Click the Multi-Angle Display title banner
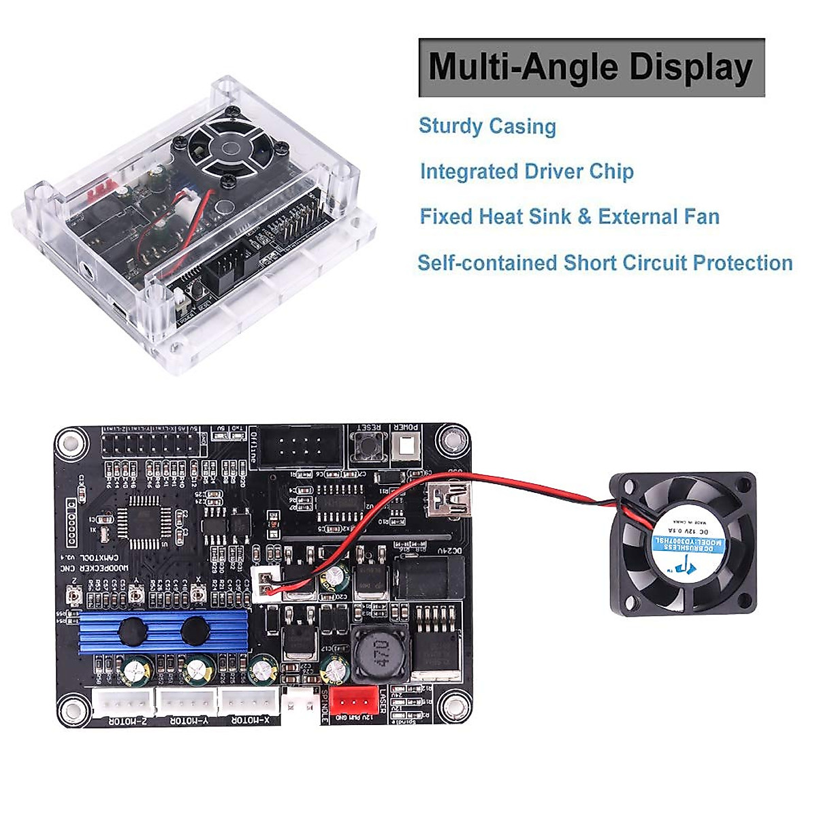(591, 67)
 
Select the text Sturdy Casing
(487, 126)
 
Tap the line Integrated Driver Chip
(526, 172)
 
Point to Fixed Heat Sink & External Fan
(569, 217)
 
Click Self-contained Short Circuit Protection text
(605, 263)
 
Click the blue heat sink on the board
(160, 631)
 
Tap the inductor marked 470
(374, 654)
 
